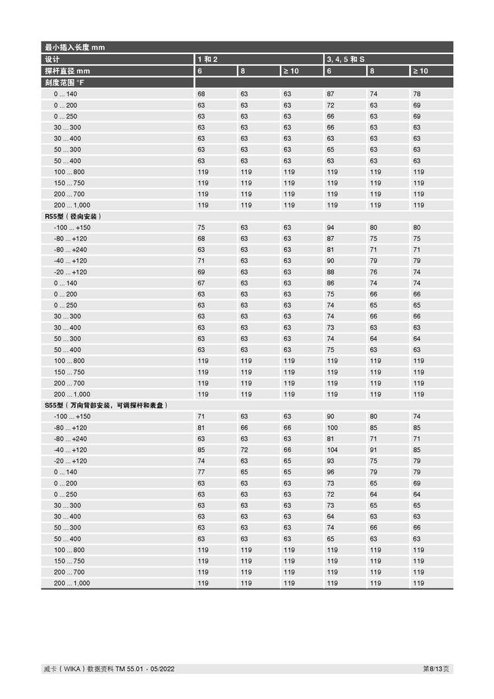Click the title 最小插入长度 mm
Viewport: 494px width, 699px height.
tap(74, 47)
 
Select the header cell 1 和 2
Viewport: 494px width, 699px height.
tap(207, 59)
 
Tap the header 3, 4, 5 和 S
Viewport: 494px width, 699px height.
tap(346, 59)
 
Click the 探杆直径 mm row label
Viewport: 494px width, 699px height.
tap(67, 71)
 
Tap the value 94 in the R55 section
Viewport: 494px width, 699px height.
tap(331, 227)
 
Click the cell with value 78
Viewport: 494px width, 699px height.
tap(417, 94)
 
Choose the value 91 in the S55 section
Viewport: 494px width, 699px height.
tap(373, 450)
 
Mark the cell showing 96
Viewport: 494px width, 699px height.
tap(331, 472)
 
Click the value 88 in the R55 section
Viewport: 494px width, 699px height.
tap(331, 272)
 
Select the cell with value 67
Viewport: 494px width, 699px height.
tap(202, 283)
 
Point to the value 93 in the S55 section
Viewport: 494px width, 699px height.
tap(331, 461)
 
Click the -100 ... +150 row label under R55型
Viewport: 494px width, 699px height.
tap(72, 227)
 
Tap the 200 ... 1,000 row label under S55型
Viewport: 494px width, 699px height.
tap(72, 583)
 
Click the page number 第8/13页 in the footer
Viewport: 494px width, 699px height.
tap(436, 669)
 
